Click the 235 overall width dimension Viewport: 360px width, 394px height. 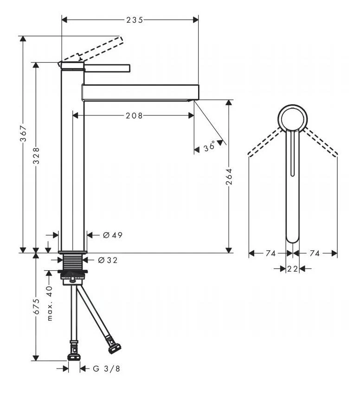point(134,19)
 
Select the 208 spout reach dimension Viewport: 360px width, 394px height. point(134,115)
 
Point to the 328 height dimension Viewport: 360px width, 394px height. point(36,156)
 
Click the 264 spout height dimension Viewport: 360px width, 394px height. point(229,176)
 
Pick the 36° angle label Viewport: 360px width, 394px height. point(210,147)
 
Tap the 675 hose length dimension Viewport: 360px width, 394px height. point(36,306)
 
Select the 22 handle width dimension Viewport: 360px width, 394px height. point(292,269)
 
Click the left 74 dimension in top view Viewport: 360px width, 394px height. point(270,253)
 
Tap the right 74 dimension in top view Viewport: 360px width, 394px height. point(315,253)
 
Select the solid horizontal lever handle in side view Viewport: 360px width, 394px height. point(107,68)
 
